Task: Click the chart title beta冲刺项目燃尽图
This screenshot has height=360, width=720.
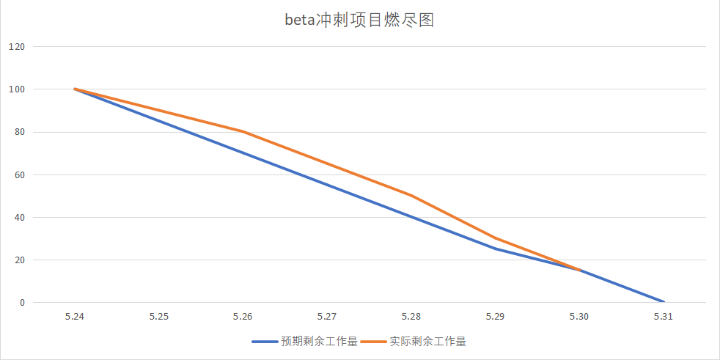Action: [x=359, y=20]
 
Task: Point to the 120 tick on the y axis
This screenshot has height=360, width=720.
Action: [x=17, y=47]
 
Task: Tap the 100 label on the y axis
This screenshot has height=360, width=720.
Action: [x=17, y=89]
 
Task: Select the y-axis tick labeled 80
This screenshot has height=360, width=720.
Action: [x=19, y=132]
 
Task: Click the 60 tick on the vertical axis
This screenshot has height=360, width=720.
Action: [x=19, y=175]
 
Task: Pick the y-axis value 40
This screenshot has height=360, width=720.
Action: [x=19, y=217]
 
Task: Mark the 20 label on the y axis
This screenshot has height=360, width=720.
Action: [x=19, y=260]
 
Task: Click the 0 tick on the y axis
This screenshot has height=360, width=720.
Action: [x=22, y=302]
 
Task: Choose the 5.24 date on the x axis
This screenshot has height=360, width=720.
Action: [x=75, y=317]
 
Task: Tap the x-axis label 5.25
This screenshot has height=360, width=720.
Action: [x=159, y=317]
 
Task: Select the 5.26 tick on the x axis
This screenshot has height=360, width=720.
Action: [x=243, y=317]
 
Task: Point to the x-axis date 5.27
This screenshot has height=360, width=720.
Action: [x=327, y=317]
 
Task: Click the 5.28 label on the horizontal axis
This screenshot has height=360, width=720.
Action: [x=411, y=317]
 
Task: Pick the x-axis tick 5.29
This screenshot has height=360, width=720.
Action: [x=496, y=317]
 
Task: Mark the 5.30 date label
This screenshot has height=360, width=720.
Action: [x=579, y=317]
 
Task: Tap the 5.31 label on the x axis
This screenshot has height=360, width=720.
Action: [x=664, y=317]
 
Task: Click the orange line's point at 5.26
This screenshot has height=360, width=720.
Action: [x=243, y=132]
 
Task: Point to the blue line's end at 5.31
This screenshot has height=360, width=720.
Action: [x=664, y=302]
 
